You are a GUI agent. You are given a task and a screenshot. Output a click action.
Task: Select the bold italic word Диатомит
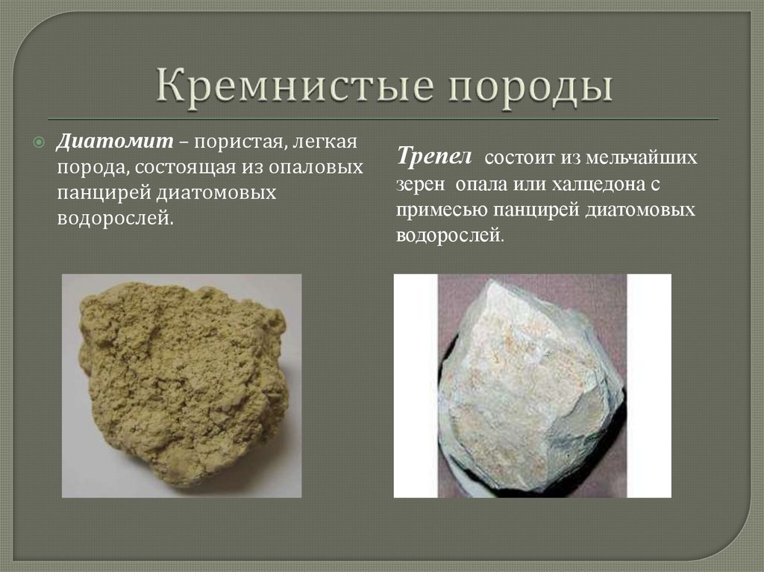pos(114,141)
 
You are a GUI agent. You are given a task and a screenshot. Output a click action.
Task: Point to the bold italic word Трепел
pos(434,157)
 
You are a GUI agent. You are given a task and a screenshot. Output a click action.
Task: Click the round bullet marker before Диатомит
pos(39,142)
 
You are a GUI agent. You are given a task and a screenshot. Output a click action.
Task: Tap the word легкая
pos(325,141)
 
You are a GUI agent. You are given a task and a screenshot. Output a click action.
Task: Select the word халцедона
pos(597,184)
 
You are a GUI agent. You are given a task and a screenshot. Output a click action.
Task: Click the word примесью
pos(442,211)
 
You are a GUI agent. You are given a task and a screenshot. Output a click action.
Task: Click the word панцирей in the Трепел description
pos(536,210)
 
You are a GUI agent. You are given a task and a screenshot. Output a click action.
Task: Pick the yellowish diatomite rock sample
pos(182,384)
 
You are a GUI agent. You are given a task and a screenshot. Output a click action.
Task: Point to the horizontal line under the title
pos(383,119)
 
